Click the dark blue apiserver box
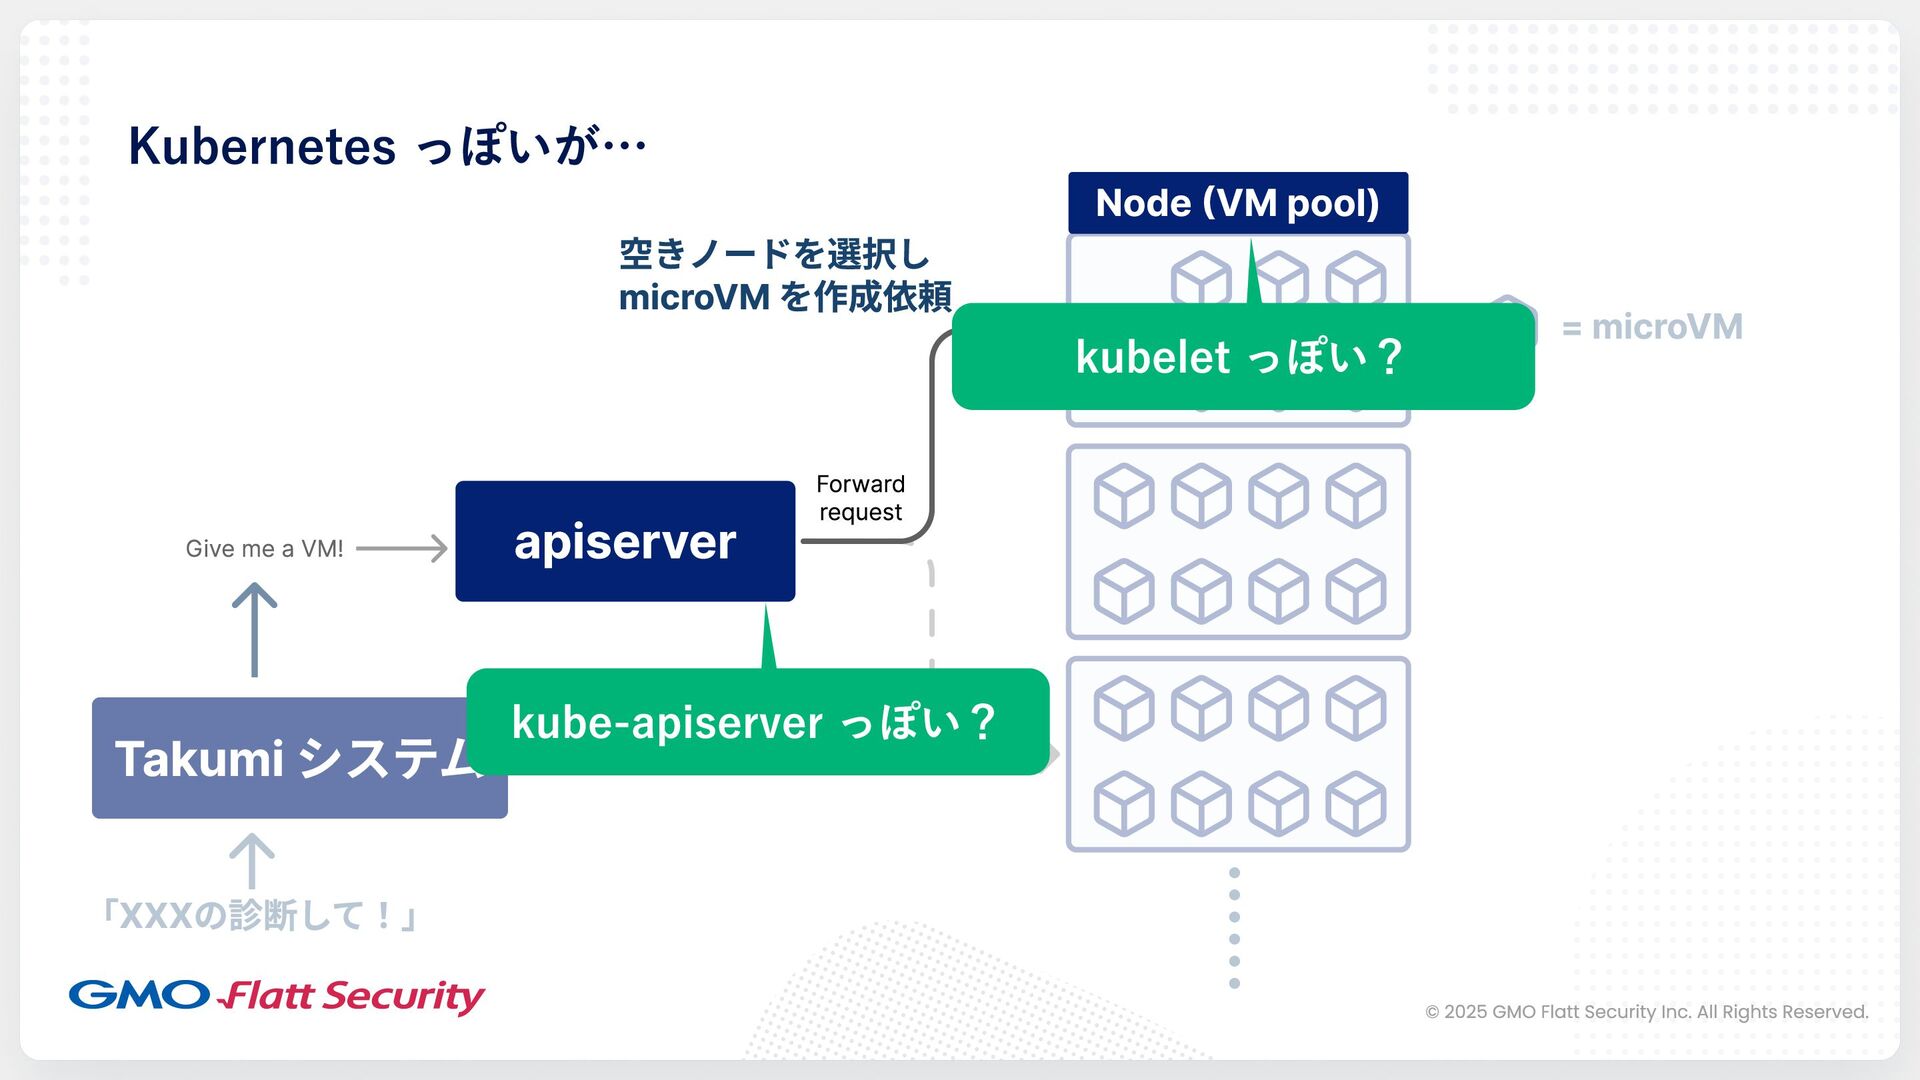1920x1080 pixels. point(625,541)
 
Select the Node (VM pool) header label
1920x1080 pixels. point(1237,203)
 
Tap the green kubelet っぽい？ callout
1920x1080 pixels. point(1242,357)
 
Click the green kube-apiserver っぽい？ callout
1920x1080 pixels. point(757,722)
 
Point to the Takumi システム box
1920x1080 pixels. point(280,758)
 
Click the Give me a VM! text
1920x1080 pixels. point(264,549)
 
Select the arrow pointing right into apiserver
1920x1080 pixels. point(402,548)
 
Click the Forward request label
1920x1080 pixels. point(860,498)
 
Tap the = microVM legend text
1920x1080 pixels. point(1652,327)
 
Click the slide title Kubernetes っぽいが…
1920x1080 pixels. point(387,146)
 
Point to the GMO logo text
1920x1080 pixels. point(139,995)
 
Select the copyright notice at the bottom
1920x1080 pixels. point(1646,1012)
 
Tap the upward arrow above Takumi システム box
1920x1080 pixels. point(254,630)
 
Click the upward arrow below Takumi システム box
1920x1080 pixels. point(252,861)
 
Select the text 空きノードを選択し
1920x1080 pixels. point(775,254)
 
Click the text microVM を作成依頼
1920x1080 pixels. point(785,297)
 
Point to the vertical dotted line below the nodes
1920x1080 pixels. point(1234,928)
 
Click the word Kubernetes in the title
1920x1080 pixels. point(262,146)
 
